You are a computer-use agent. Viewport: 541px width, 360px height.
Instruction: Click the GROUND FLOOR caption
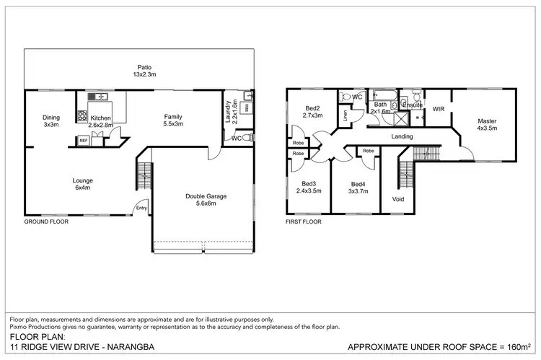48,222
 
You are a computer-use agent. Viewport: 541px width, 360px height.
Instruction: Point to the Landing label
402,136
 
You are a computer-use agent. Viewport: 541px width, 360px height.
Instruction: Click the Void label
398,199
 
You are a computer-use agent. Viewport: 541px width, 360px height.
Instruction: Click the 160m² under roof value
518,347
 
